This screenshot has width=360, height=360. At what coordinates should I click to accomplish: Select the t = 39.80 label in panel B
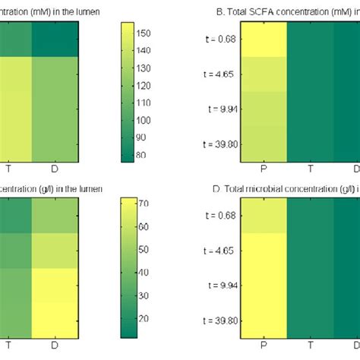click(220, 142)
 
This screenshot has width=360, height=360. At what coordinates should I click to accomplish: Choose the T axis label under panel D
click(311, 346)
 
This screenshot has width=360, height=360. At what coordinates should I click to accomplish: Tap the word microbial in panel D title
click(261, 188)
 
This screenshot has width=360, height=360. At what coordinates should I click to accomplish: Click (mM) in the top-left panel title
click(43, 12)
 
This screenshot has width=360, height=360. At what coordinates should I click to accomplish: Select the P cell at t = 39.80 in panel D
click(264, 319)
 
